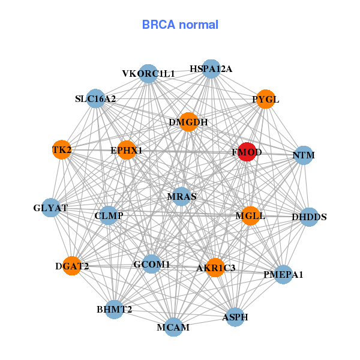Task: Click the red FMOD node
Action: [247, 152]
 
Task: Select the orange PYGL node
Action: [265, 99]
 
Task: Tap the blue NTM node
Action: [304, 155]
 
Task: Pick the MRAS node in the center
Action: [181, 196]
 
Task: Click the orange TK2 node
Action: [62, 149]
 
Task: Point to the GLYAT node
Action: [51, 208]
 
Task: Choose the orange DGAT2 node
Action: [71, 266]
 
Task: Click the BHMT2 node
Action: [114, 310]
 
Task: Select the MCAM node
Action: [173, 327]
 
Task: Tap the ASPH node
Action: [235, 317]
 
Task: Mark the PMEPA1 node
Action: [283, 275]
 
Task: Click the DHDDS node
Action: [309, 217]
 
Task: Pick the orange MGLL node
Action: [250, 215]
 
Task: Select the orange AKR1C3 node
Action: [216, 267]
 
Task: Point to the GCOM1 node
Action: [152, 264]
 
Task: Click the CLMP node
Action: [109, 215]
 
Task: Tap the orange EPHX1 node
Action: [127, 150]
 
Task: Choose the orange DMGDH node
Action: [188, 122]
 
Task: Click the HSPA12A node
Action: [211, 69]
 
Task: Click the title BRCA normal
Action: [180, 25]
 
